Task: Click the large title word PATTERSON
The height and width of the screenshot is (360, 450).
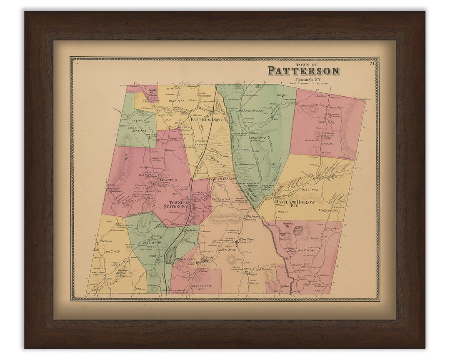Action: tap(303, 71)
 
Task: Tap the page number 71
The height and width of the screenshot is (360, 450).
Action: tap(372, 63)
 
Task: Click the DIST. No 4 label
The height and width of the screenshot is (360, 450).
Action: tap(305, 250)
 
